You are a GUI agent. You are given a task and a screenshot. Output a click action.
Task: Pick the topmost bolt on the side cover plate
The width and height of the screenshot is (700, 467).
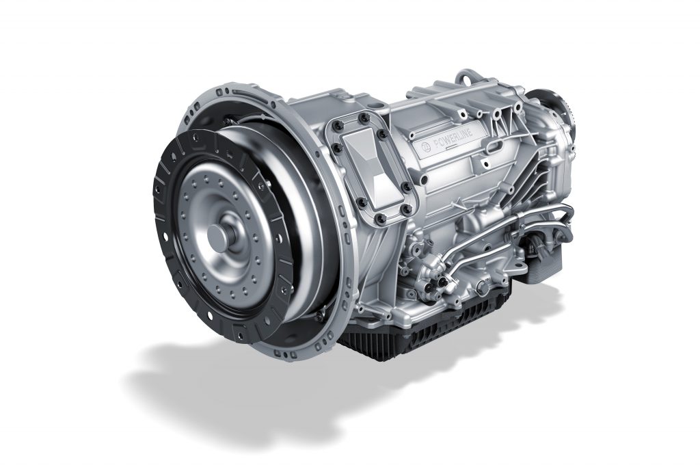[362, 118]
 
